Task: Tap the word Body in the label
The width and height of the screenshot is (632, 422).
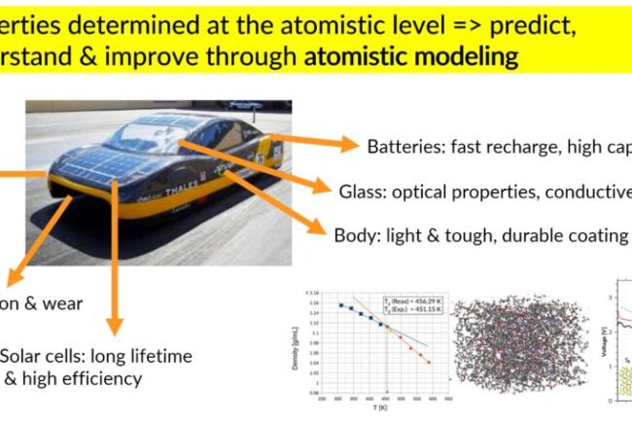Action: [x=354, y=235]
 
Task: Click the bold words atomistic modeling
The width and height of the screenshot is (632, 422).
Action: [x=411, y=55]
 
